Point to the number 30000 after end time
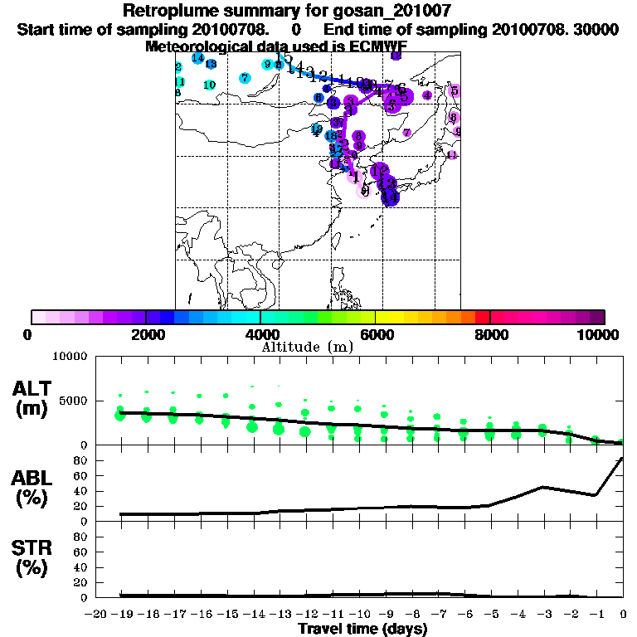tap(591, 29)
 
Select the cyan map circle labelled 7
tap(245, 78)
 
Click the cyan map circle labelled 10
tap(210, 85)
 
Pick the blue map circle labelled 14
tap(197, 58)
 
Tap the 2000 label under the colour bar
tap(144, 335)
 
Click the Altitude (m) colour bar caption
tap(309, 347)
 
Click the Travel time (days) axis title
tap(362, 629)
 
